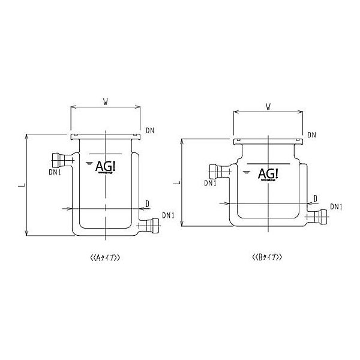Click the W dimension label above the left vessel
click(x=106, y=102)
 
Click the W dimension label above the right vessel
click(x=267, y=107)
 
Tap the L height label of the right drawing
click(x=176, y=181)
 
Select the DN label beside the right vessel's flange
click(x=311, y=135)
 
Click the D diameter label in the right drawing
click(x=316, y=197)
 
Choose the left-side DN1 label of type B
click(x=210, y=183)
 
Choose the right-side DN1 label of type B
click(x=336, y=206)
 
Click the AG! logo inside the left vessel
click(x=106, y=168)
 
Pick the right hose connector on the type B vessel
click(x=323, y=215)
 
